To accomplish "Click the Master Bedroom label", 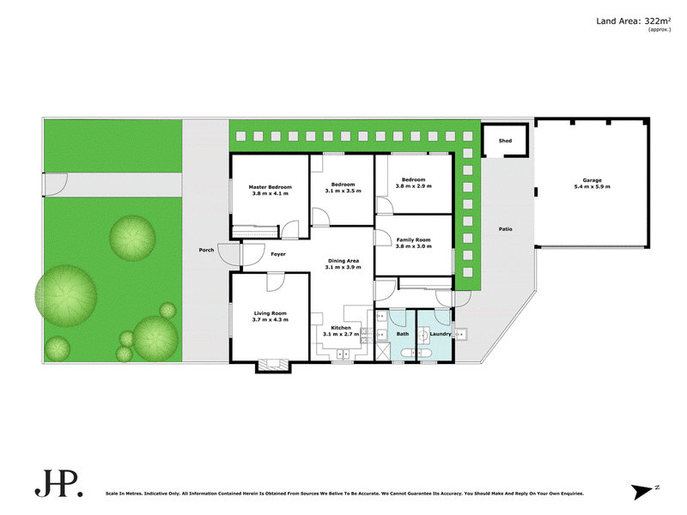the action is tap(270, 187).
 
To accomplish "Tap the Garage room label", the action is tap(592, 180).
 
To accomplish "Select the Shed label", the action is tap(505, 141).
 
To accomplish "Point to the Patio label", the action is tap(505, 229).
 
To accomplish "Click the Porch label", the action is tap(206, 250).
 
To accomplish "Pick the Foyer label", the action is tap(278, 254).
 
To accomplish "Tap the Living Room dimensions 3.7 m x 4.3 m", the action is tap(270, 319).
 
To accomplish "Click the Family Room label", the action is tap(413, 240).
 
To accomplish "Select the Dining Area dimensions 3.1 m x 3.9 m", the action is tap(343, 267).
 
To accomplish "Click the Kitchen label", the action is tap(341, 328).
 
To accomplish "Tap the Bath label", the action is tap(403, 334).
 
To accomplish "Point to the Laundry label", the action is tap(441, 334).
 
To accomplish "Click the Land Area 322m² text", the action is tap(634, 21).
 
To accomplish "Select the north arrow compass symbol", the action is tap(643, 491).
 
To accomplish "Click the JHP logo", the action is tap(58, 483).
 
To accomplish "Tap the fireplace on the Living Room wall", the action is tap(274, 363).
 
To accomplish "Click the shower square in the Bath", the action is tap(383, 352).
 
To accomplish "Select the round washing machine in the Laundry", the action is tap(423, 336).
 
